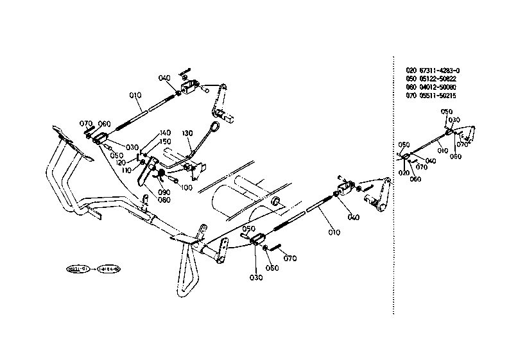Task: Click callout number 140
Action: click(165, 133)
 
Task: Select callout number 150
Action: click(165, 141)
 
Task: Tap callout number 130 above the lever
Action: click(187, 133)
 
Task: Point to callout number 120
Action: click(138, 163)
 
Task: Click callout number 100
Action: click(187, 187)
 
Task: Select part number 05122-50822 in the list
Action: click(440, 78)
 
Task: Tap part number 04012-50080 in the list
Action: click(440, 87)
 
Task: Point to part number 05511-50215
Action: click(440, 95)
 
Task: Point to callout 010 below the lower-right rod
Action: click(331, 232)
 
